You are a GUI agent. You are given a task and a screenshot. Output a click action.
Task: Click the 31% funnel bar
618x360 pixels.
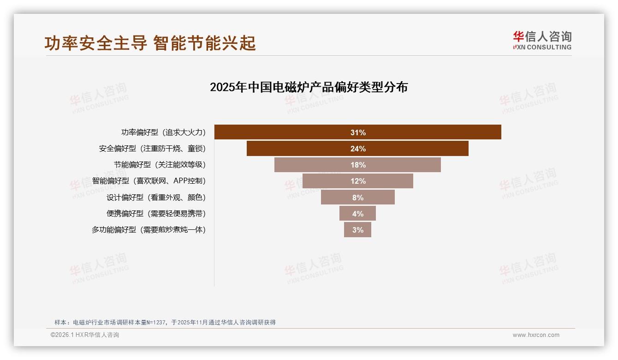tap(357, 132)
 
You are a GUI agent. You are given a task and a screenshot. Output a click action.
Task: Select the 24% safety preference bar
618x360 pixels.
tap(357, 149)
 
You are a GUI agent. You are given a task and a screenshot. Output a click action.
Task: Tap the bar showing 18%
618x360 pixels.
tap(357, 165)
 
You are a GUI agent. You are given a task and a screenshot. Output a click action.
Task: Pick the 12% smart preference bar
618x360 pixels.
tap(357, 181)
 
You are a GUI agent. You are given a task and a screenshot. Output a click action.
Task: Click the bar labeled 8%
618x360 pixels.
tap(357, 198)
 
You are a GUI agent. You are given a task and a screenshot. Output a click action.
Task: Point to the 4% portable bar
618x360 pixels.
tap(357, 214)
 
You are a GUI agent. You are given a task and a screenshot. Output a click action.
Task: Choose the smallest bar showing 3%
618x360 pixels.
tap(357, 230)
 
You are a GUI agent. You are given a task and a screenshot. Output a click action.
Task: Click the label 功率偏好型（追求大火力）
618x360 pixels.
tap(163, 132)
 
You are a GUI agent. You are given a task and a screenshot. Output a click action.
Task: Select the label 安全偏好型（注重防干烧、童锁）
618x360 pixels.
tap(152, 149)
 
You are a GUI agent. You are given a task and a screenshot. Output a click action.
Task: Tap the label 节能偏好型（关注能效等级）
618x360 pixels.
tap(160, 165)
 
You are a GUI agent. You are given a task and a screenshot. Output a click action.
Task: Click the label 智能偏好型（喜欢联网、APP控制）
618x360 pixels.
tap(149, 181)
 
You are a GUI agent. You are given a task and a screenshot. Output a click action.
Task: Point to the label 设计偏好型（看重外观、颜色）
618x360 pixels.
tap(156, 198)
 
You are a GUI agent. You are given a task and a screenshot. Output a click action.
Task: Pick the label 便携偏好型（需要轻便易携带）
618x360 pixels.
tap(156, 214)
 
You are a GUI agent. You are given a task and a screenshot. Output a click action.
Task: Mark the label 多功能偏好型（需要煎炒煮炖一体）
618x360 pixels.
tap(149, 230)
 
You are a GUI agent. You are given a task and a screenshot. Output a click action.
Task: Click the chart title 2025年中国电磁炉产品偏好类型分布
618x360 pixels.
tap(309, 87)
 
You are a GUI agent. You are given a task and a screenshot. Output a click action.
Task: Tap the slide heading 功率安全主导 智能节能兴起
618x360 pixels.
tap(150, 43)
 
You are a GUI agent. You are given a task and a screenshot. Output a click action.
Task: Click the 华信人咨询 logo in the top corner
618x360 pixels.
tap(542, 41)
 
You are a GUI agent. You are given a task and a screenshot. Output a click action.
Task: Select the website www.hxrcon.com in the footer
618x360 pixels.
tap(536, 335)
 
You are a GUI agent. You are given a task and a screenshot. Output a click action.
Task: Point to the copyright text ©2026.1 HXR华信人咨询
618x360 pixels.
tap(85, 335)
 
